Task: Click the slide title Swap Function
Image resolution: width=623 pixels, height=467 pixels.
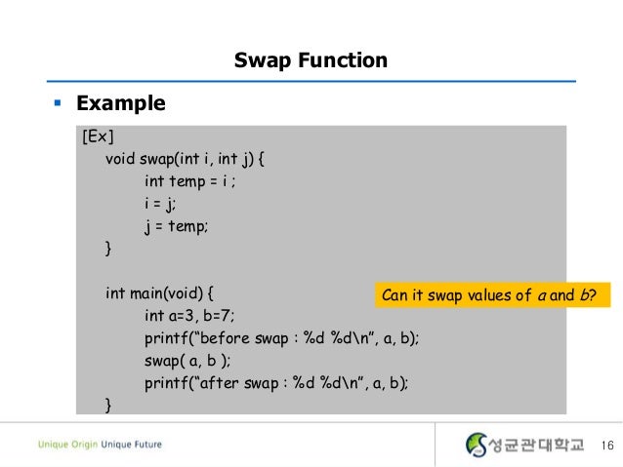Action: coord(311,61)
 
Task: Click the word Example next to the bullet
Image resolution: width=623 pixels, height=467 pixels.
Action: coord(120,102)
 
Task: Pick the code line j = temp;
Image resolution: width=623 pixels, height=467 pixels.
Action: coord(177,226)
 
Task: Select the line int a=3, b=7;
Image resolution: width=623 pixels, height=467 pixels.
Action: coord(189,315)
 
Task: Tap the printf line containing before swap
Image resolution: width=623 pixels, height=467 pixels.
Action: coord(288,337)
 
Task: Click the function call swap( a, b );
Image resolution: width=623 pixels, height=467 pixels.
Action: coord(187,360)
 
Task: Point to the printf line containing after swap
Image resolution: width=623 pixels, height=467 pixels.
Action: coord(276,382)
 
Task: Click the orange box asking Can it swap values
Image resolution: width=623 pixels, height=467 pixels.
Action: coord(491,293)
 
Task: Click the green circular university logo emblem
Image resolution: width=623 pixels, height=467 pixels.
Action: coord(478,445)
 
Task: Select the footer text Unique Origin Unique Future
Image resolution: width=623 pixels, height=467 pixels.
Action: coord(100,445)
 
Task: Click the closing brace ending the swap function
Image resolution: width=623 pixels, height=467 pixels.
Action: coord(108,250)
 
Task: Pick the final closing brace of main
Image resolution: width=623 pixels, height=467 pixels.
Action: coord(108,404)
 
